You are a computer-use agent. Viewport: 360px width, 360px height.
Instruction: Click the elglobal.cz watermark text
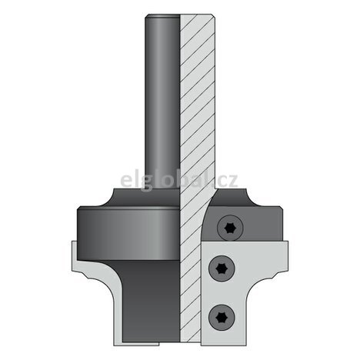coord(179,182)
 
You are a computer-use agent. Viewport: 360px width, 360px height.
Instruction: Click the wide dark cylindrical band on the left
coord(123,231)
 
